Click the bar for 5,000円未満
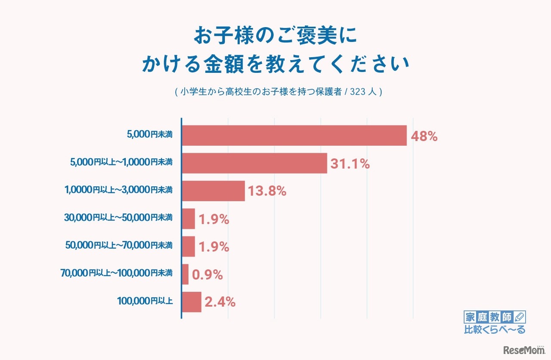tap(294, 136)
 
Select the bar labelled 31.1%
tap(254, 163)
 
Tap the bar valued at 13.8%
tap(214, 191)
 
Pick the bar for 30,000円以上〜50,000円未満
tap(189, 219)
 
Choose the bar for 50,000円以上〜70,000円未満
tap(189, 247)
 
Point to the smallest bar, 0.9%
tap(186, 274)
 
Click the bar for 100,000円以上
tap(192, 302)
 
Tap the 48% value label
tap(424, 137)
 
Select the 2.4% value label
tap(220, 302)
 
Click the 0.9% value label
tap(207, 275)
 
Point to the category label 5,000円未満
tap(149, 135)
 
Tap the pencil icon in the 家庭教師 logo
tap(520, 317)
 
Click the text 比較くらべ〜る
tap(495, 330)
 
